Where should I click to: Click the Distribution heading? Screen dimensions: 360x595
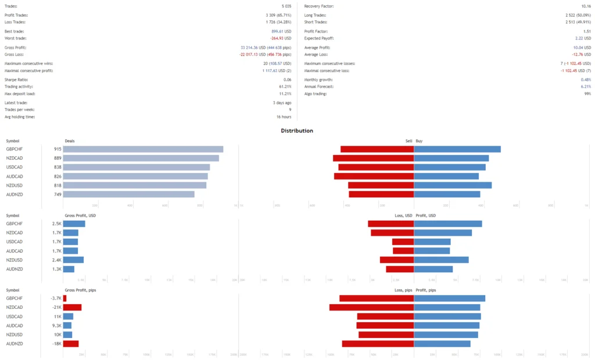point(297,131)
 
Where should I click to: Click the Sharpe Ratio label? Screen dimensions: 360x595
point(16,80)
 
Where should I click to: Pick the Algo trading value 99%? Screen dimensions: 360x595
point(587,93)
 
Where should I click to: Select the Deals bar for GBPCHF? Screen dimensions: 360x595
point(143,149)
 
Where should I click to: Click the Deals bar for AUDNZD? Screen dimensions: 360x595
point(128,194)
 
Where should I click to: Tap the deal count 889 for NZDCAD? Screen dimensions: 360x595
point(58,158)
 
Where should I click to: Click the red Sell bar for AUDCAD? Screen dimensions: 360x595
point(374,176)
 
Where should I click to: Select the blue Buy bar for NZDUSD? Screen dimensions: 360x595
point(453,185)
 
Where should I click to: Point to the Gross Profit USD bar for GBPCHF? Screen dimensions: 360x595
point(74,224)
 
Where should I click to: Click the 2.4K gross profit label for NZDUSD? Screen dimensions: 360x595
point(57,260)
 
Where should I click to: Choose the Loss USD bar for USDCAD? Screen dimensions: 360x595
point(403,242)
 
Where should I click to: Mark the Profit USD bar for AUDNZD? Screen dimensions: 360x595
point(433,269)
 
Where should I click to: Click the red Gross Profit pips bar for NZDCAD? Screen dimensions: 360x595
point(72,307)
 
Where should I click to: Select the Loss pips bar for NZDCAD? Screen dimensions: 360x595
point(371,307)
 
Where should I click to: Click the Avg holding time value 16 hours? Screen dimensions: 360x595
point(281,117)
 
